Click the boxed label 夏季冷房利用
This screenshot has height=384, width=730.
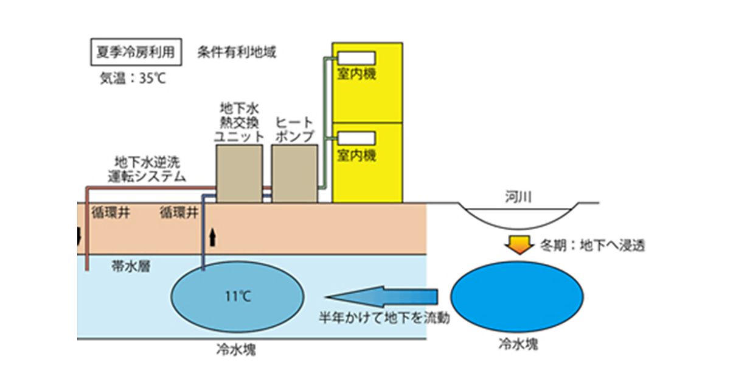[x=132, y=52]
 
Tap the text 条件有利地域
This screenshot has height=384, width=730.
[x=237, y=52]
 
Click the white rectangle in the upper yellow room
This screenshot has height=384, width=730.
[x=356, y=59]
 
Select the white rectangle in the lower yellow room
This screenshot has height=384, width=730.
[x=356, y=138]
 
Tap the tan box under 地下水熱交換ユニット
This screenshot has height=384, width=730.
[x=240, y=174]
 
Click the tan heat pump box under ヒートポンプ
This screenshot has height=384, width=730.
[x=294, y=174]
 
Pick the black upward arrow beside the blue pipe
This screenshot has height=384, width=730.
[x=212, y=237]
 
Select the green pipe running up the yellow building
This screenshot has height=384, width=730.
[x=324, y=122]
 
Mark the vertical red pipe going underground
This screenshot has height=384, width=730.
[x=87, y=232]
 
